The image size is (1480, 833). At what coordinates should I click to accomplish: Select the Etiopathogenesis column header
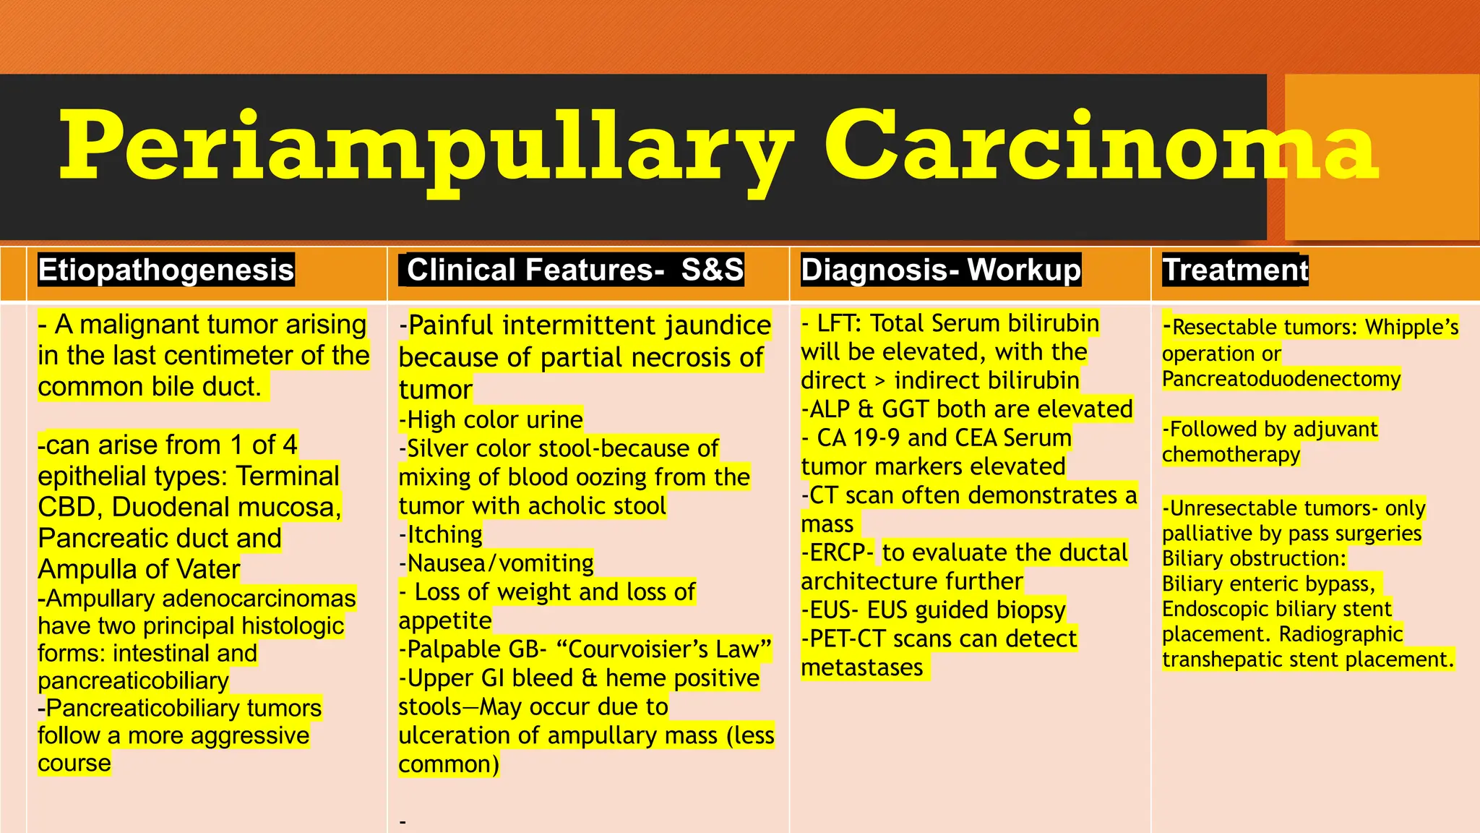[x=166, y=270]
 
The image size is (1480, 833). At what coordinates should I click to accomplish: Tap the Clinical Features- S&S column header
[x=575, y=270]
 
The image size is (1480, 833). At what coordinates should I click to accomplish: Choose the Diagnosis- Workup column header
[x=941, y=270]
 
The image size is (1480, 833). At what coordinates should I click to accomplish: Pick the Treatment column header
[x=1235, y=270]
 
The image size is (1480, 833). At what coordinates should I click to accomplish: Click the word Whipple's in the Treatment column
[x=1412, y=328]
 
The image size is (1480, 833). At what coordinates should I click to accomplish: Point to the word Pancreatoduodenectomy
[x=1281, y=379]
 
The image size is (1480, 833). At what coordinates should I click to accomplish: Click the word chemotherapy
[x=1231, y=455]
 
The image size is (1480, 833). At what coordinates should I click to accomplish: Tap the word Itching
[x=445, y=535]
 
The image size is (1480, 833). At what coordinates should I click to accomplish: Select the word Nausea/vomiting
[x=501, y=563]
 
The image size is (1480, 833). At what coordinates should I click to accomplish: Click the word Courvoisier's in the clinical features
[x=627, y=649]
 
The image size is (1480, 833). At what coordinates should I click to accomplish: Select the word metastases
[x=862, y=667]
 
